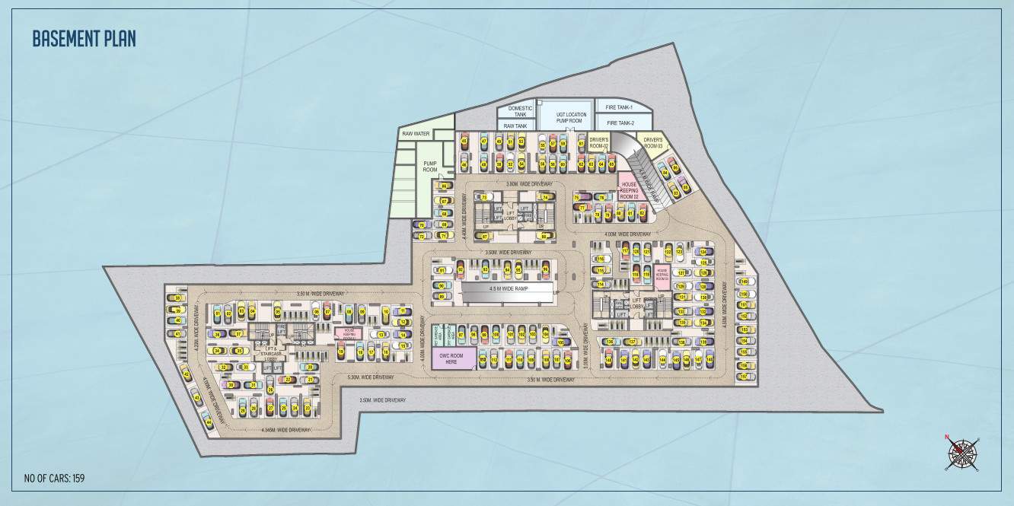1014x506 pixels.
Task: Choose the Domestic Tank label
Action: pyautogui.click(x=520, y=111)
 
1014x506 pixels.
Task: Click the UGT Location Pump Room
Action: pyautogui.click(x=564, y=117)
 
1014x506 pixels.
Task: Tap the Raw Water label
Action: pyautogui.click(x=416, y=134)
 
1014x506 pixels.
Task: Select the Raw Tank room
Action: pyautogui.click(x=515, y=126)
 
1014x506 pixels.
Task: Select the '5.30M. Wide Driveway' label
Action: pyautogui.click(x=370, y=377)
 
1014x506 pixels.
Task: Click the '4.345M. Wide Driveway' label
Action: pyautogui.click(x=286, y=431)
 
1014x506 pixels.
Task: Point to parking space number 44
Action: pyautogui.click(x=208, y=422)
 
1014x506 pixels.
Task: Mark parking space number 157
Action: pyautogui.click(x=743, y=376)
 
